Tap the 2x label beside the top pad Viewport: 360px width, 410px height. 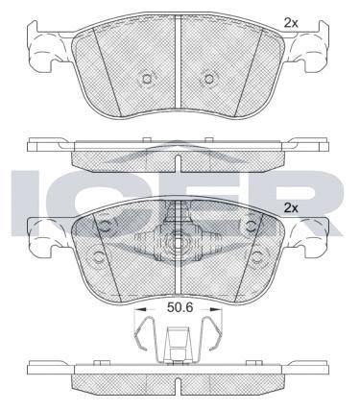click(291, 23)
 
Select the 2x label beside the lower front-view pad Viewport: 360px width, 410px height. click(291, 208)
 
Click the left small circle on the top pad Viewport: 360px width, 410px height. click(147, 79)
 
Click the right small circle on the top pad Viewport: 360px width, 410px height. click(208, 79)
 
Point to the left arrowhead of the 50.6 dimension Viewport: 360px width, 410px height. click(140, 309)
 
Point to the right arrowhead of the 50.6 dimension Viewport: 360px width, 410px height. click(216, 309)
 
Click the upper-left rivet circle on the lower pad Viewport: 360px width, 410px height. click(105, 227)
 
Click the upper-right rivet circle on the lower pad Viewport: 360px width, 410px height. click(252, 227)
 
